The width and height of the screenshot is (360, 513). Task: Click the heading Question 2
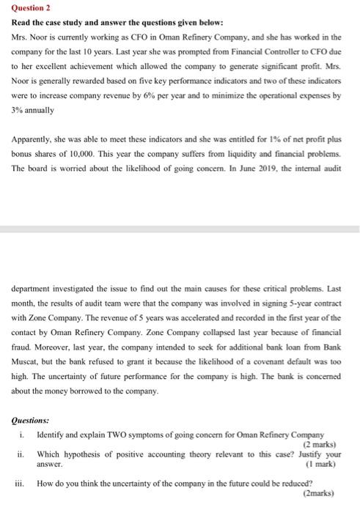click(26, 10)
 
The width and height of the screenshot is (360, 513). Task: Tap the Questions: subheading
click(31, 420)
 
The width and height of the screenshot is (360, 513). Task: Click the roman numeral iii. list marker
click(21, 483)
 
